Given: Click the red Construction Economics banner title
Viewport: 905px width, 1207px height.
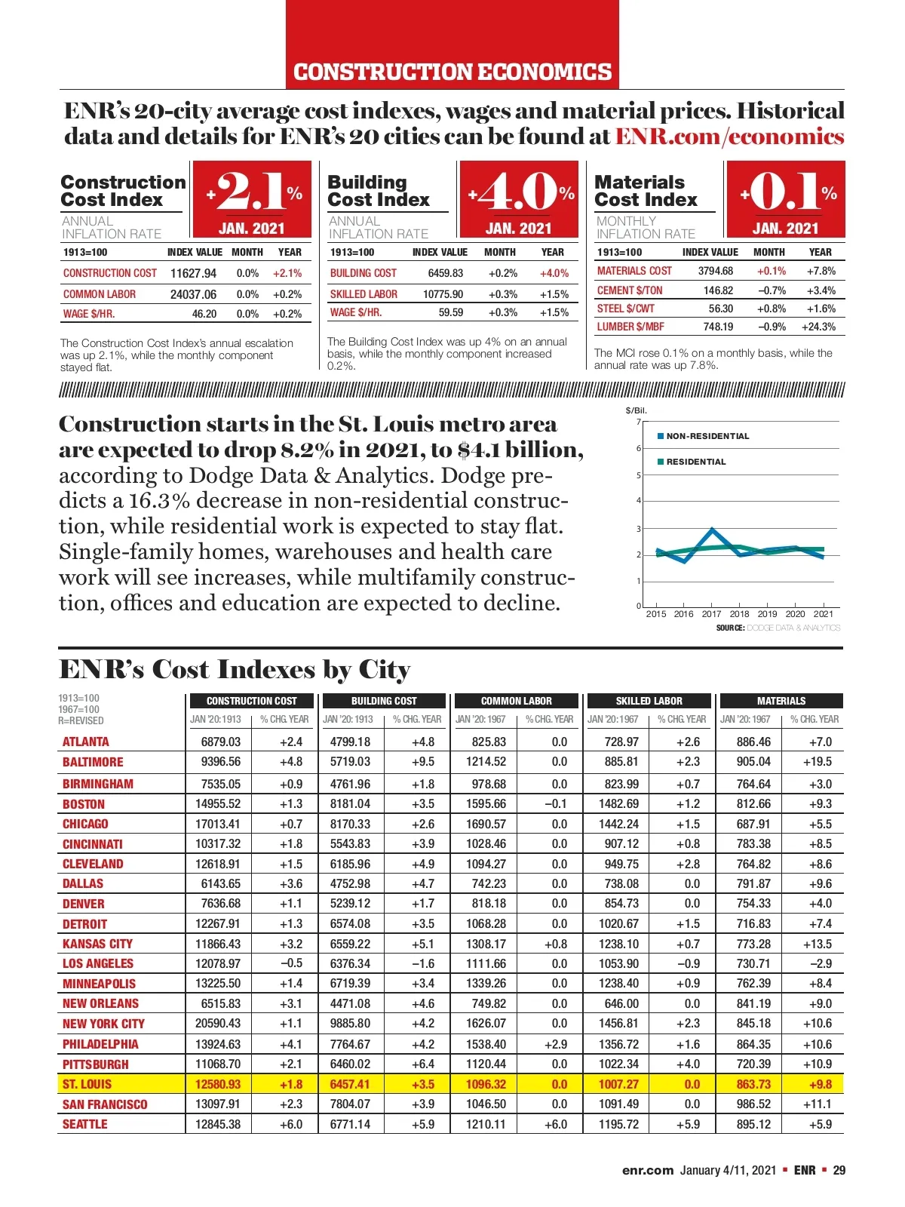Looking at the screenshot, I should click(452, 72).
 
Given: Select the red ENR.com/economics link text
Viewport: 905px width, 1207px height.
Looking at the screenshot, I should click(729, 137).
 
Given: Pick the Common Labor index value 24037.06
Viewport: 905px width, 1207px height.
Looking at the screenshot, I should click(193, 294).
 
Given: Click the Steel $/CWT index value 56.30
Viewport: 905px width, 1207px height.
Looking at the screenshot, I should click(720, 309).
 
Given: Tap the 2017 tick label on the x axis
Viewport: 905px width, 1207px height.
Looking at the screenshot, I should click(711, 614).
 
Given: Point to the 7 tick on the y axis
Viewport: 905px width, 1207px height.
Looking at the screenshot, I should click(638, 422).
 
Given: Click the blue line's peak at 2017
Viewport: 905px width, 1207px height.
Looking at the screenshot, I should click(713, 530).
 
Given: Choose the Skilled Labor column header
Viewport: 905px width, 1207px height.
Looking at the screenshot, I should click(649, 701).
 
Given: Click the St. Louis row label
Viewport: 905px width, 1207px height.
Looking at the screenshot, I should click(87, 1084).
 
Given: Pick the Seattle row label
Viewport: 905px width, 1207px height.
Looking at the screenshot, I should click(84, 1124).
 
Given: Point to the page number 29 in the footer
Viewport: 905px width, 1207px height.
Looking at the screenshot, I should click(839, 1170).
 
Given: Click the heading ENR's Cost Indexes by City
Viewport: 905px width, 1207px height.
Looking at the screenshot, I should click(235, 670).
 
